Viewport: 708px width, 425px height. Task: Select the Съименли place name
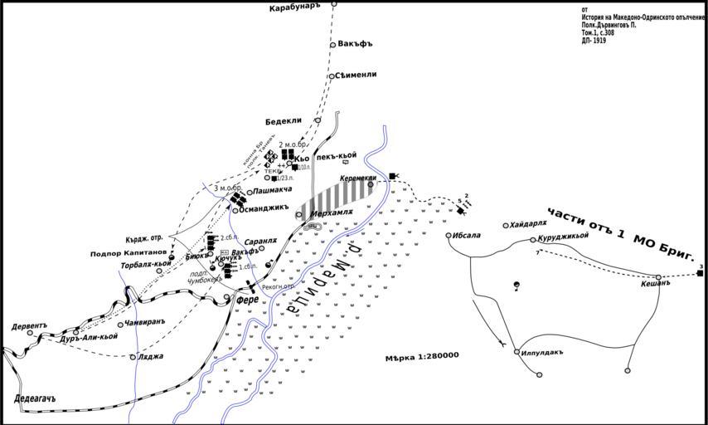(x=356, y=75)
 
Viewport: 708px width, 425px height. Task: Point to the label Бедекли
(x=283, y=120)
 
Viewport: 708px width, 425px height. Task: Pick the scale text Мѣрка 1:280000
(x=422, y=356)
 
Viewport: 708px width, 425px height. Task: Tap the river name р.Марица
(x=324, y=277)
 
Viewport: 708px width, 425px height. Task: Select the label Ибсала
(x=466, y=235)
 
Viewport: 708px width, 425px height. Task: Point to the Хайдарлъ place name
(x=529, y=224)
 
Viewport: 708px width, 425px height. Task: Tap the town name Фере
(x=247, y=299)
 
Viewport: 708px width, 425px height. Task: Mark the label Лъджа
(x=152, y=356)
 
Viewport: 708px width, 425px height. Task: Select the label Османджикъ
(x=264, y=208)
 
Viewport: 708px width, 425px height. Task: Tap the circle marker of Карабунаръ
(x=334, y=4)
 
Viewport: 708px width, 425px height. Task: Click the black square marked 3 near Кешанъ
(x=700, y=273)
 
